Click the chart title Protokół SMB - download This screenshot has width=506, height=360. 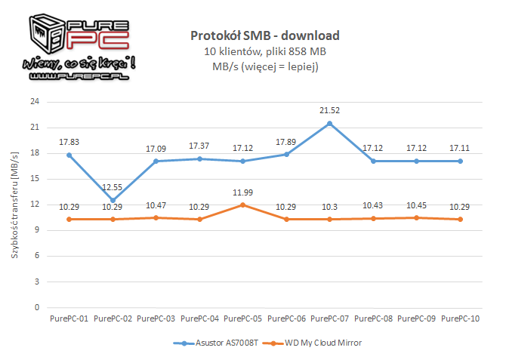point(265,35)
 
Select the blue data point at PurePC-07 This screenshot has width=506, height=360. point(329,123)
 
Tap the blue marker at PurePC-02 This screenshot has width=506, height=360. point(113,200)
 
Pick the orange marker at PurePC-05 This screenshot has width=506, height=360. point(242,205)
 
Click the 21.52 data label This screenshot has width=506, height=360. point(329,110)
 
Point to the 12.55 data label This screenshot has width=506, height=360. point(113,187)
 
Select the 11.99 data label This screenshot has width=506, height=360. point(242,192)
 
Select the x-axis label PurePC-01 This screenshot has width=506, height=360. point(69,318)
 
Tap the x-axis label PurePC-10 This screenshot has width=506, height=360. point(460,318)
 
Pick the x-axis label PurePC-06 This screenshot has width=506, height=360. point(286,318)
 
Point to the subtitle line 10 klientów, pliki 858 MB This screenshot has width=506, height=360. point(265,51)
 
